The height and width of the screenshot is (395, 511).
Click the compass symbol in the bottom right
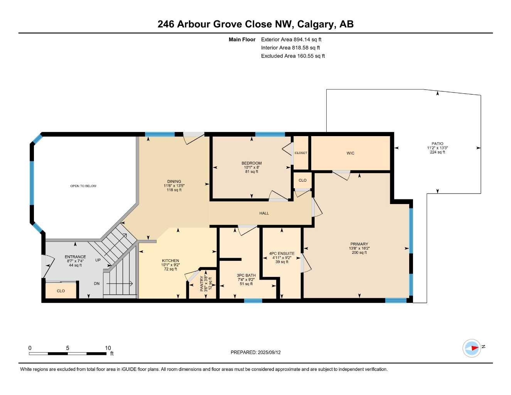[472, 348]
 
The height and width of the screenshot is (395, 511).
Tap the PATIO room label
[437, 144]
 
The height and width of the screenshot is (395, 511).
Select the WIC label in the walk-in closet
[350, 153]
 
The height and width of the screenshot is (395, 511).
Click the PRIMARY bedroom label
[359, 244]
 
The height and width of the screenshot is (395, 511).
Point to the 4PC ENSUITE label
[282, 253]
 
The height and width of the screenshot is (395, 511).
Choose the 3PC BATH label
[246, 275]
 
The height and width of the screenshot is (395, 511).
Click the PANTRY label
[201, 284]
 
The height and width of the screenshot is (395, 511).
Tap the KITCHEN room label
[170, 261]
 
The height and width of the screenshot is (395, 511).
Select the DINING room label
[174, 182]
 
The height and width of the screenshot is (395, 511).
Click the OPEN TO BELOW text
[83, 186]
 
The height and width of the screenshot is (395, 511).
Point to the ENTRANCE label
[75, 257]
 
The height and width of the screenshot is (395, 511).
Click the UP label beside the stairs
[98, 260]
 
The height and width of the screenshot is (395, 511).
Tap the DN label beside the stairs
[96, 284]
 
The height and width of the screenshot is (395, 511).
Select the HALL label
[264, 213]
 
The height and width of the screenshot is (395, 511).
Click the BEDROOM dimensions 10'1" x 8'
[251, 167]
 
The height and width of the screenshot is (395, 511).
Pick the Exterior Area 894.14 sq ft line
[291, 39]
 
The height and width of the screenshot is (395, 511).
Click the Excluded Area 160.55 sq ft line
[293, 56]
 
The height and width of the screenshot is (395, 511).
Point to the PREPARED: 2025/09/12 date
[255, 352]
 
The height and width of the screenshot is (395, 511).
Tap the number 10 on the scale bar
[108, 348]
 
